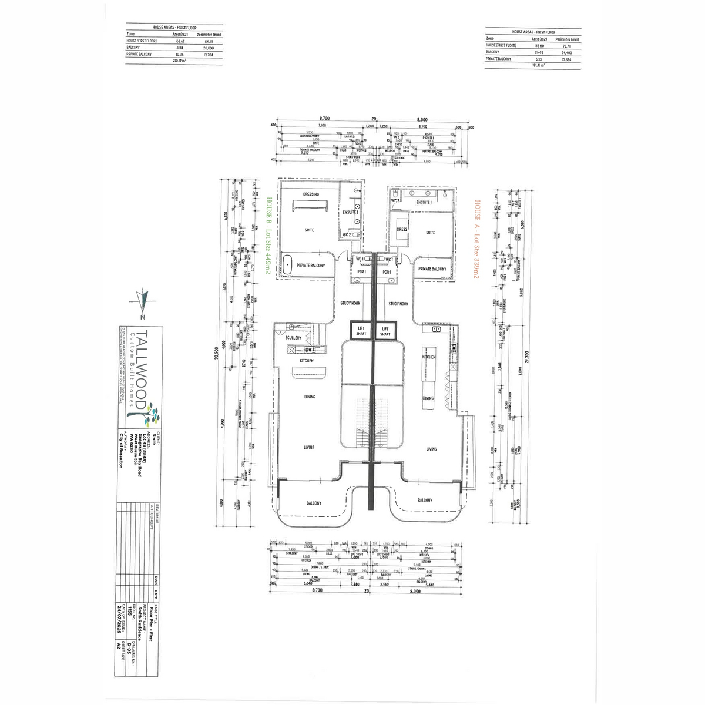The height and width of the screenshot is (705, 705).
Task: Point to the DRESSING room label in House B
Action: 311,194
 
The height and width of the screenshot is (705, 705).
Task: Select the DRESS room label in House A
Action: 402,230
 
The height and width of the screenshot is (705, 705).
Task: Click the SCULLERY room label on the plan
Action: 293,338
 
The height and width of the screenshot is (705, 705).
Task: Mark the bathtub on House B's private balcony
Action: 288,264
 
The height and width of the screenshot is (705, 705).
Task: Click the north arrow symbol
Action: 143,300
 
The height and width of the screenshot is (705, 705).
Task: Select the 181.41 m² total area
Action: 538,65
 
